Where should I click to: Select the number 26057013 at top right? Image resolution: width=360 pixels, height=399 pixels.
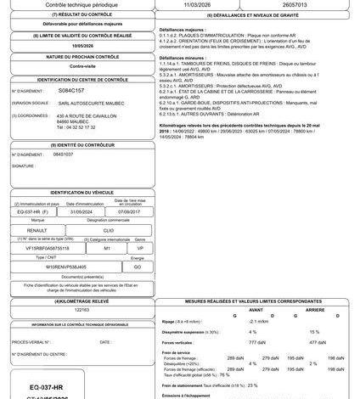[301, 4]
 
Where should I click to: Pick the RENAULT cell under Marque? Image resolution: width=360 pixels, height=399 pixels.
[37, 228]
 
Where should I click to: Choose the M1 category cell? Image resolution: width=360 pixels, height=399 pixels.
[106, 247]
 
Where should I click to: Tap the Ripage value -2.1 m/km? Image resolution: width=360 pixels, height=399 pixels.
[258, 321]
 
